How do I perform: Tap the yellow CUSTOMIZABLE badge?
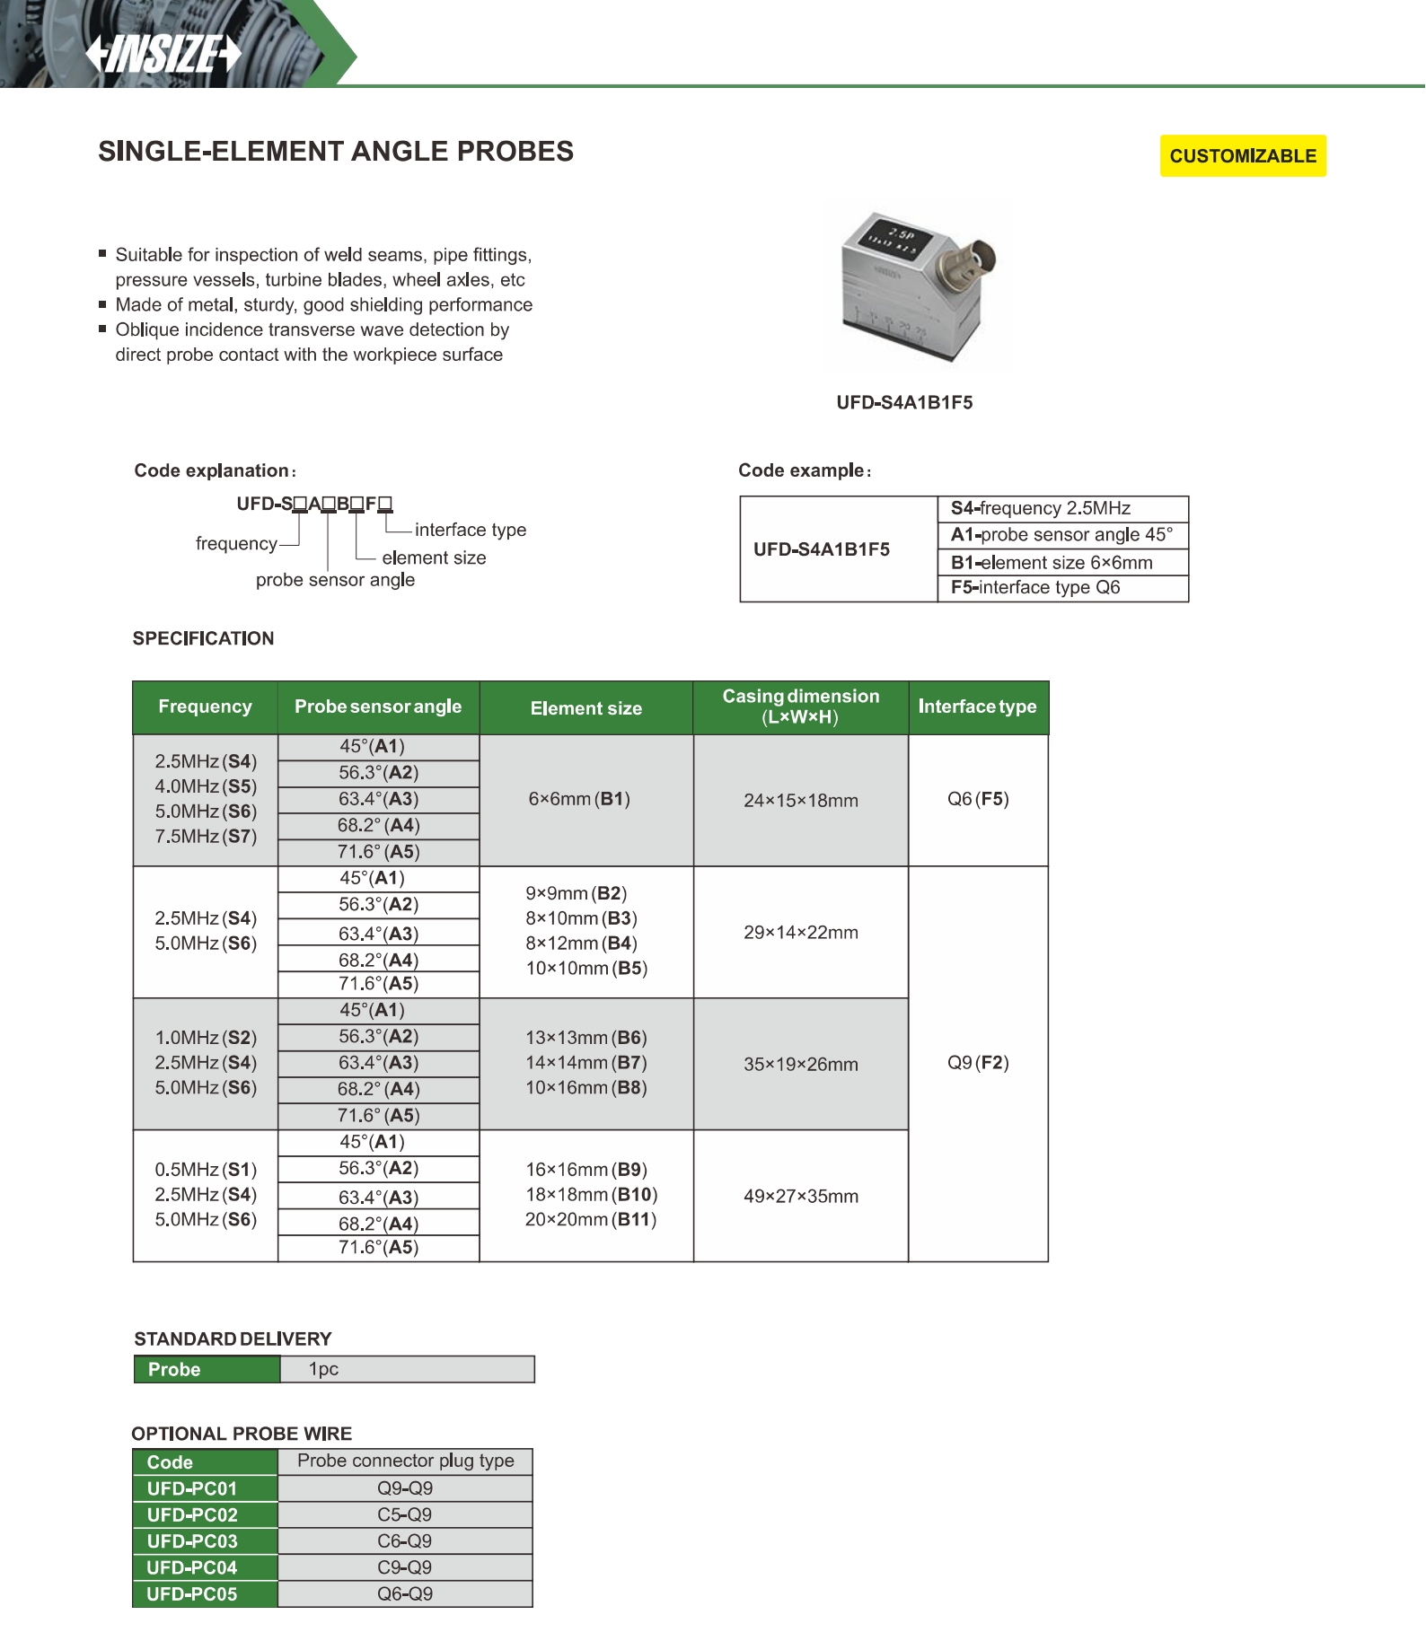click(x=1242, y=156)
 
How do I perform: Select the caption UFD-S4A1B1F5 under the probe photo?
click(x=904, y=403)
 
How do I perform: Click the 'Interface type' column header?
click(x=977, y=707)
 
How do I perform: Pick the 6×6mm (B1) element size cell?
click(x=579, y=799)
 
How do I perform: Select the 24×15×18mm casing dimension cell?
click(x=800, y=801)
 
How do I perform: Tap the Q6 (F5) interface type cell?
click(x=978, y=799)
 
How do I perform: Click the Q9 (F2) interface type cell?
click(x=978, y=1063)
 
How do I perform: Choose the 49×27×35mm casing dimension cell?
click(x=800, y=1197)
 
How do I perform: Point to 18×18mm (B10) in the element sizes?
click(x=591, y=1195)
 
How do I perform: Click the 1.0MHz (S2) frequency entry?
click(x=206, y=1038)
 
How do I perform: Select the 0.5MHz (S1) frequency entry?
click(x=206, y=1170)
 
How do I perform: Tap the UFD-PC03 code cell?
click(x=192, y=1541)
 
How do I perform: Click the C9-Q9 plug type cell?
click(x=404, y=1567)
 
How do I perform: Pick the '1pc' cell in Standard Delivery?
click(x=323, y=1369)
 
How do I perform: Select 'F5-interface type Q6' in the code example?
click(x=1035, y=588)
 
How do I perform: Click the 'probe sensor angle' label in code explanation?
click(x=335, y=580)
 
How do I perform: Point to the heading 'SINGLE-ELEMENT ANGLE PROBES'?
click(x=336, y=152)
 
